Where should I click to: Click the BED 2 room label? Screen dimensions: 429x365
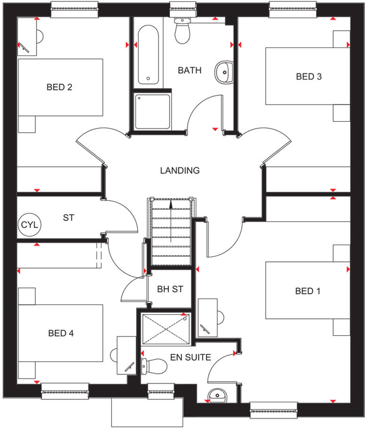pyautogui.click(x=59, y=87)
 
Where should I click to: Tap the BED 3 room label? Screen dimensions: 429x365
pyautogui.click(x=309, y=76)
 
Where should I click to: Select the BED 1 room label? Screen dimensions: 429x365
pyautogui.click(x=308, y=291)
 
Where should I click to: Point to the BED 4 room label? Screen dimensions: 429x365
pyautogui.click(x=61, y=333)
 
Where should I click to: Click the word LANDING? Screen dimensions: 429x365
pyautogui.click(x=180, y=170)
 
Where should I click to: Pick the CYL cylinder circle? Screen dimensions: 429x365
pyautogui.click(x=30, y=225)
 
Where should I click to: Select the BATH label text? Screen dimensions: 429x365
pyautogui.click(x=190, y=71)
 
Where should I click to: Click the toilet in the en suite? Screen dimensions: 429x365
pyautogui.click(x=154, y=365)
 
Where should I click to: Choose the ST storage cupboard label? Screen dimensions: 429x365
pyautogui.click(x=68, y=218)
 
